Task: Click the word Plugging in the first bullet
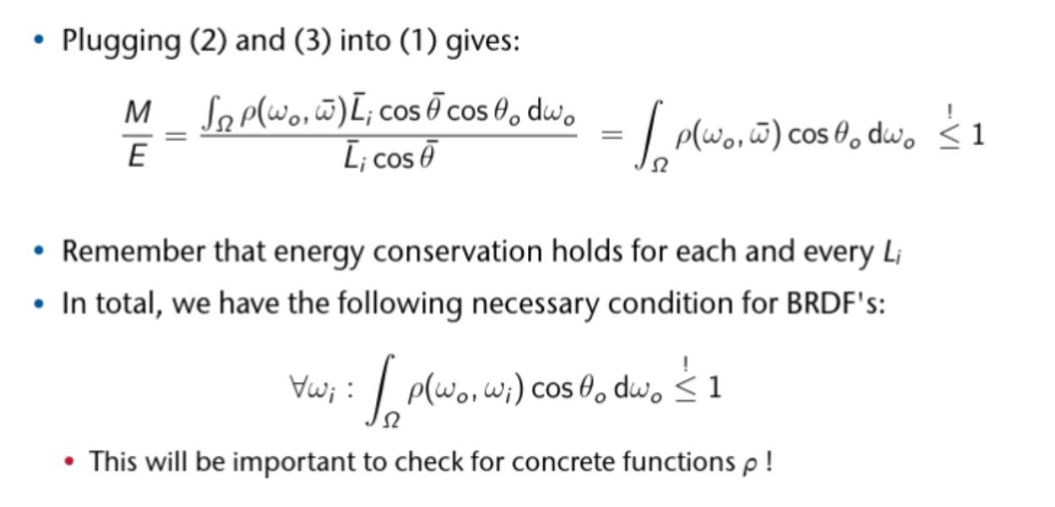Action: [122, 42]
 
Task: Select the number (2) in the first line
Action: [209, 41]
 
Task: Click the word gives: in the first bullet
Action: [483, 42]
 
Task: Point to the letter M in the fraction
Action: [138, 112]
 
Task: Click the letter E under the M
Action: [137, 155]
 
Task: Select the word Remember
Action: [133, 251]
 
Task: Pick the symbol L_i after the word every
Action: [892, 253]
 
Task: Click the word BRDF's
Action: [836, 303]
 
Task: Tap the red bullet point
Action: [69, 461]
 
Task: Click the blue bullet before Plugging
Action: [39, 40]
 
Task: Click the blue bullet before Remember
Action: [39, 251]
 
